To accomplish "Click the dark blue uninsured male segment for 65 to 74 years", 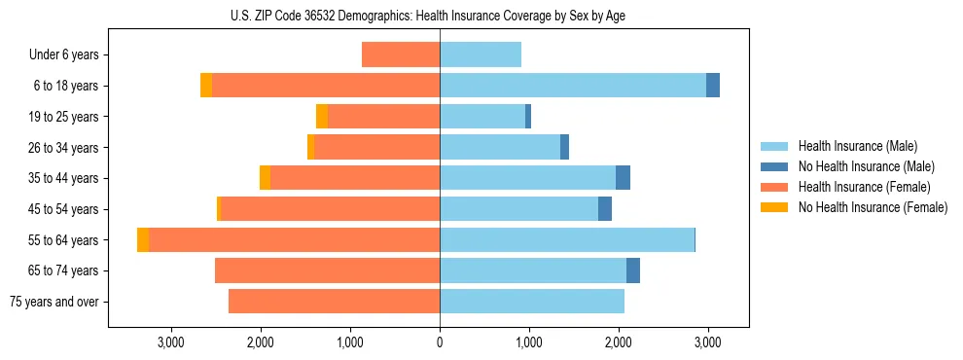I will (633, 270).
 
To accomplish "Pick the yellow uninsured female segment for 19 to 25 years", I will (322, 117).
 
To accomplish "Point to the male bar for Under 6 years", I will (481, 54).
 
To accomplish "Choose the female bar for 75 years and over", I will (334, 302).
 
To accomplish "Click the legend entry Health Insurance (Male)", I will (857, 146).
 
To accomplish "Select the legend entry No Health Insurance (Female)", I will (873, 207).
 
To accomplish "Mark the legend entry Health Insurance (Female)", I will (863, 187).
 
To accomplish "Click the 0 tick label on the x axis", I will (440, 342).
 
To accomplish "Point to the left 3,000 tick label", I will (171, 342).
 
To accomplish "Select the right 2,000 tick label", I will (619, 342).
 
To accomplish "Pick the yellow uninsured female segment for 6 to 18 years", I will (206, 86).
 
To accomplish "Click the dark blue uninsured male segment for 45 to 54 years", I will (605, 209).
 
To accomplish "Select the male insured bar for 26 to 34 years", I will (500, 147).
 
